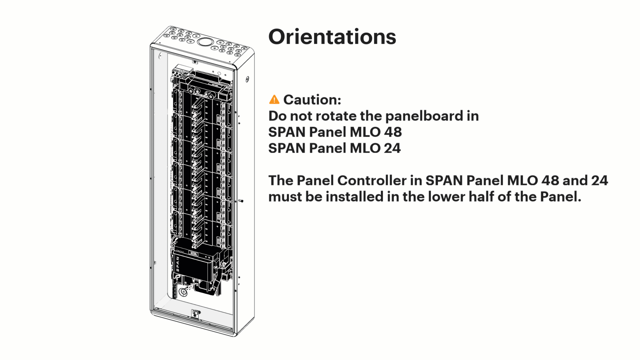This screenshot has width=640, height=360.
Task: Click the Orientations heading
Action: click(332, 37)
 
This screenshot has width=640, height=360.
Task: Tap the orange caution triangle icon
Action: click(274, 99)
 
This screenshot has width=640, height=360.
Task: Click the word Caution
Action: click(312, 99)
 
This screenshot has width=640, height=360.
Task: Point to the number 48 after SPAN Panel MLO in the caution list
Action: click(392, 132)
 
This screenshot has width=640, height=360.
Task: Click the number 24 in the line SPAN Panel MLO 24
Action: click(392, 148)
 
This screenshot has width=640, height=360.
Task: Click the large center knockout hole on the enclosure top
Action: click(205, 42)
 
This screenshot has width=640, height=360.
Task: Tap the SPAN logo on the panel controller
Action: click(178, 265)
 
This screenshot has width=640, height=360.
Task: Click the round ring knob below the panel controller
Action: click(183, 292)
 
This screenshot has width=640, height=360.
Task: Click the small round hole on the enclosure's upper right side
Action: click(247, 79)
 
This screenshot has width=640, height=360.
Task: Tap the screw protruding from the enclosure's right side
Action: click(241, 201)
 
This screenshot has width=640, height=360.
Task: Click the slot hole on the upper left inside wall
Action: click(160, 55)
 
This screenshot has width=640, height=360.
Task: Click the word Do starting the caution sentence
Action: click(277, 116)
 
